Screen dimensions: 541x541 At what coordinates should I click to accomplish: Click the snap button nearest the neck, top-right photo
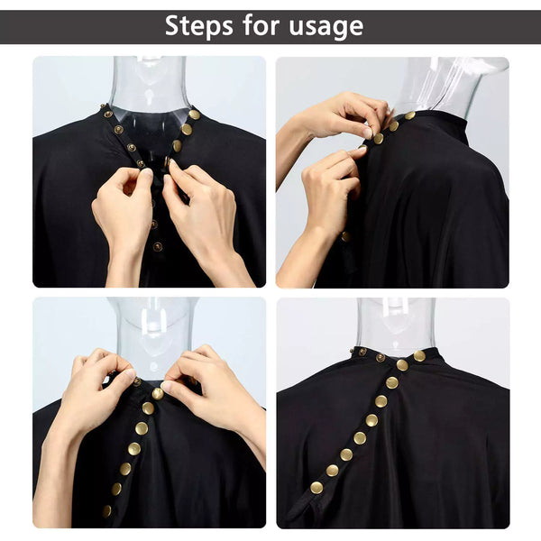[409, 115]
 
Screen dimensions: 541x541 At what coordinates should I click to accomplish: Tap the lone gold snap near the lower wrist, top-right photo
[344, 236]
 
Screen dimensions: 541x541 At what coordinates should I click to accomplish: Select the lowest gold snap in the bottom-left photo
[107, 510]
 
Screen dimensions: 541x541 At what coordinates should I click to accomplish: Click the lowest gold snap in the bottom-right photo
[316, 488]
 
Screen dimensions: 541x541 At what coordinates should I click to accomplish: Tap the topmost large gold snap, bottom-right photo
[419, 356]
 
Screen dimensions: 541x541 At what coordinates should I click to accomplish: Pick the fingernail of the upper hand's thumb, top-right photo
[368, 132]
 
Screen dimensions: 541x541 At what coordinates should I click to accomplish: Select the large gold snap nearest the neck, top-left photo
[194, 115]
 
